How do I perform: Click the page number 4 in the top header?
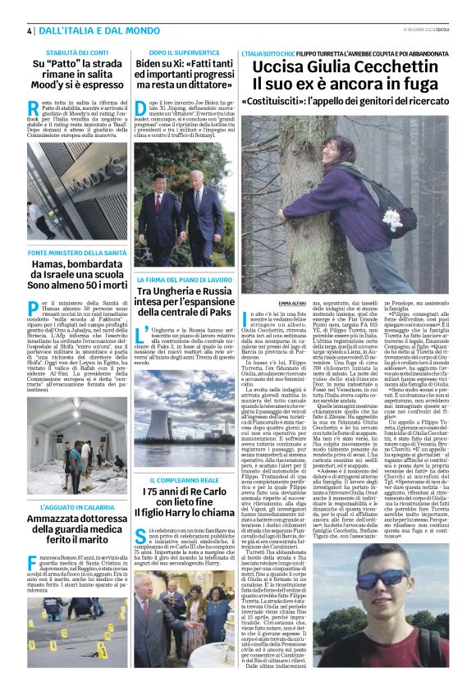coord(30,30)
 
